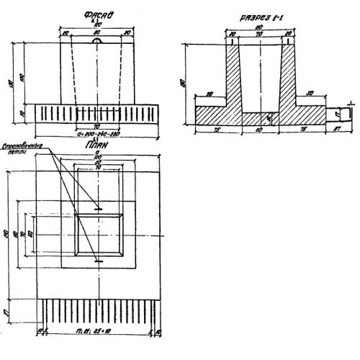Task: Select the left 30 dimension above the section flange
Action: coord(209,94)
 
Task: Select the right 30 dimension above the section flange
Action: coord(310,94)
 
